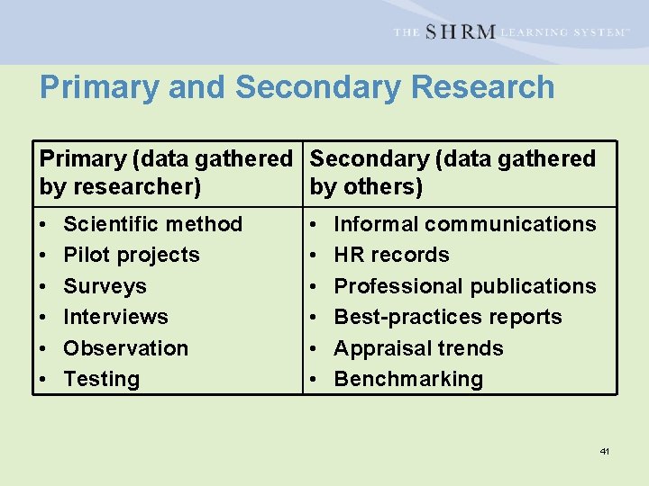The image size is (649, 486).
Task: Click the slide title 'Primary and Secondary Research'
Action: click(x=297, y=87)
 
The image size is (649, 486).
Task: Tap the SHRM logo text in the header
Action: click(x=460, y=31)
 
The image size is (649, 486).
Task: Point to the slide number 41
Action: click(x=605, y=451)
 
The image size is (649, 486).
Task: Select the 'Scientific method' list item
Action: click(x=152, y=224)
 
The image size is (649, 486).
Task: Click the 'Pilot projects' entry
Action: click(x=132, y=255)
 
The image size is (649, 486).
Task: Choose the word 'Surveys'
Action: click(x=105, y=286)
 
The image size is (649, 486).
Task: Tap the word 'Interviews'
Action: click(x=115, y=317)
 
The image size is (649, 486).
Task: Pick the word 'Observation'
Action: click(x=126, y=348)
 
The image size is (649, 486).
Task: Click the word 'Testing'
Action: click(x=102, y=379)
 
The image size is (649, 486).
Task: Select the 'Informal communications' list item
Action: click(x=465, y=224)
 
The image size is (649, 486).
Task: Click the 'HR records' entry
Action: click(x=391, y=255)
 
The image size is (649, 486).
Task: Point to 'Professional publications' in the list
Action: click(x=465, y=286)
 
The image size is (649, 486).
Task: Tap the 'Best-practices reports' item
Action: click(x=448, y=317)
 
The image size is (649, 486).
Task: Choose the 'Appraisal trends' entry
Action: click(x=418, y=348)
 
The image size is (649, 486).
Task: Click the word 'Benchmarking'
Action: click(x=408, y=379)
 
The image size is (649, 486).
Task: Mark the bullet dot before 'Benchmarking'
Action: click(x=313, y=380)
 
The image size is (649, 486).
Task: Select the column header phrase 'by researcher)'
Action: click(x=120, y=188)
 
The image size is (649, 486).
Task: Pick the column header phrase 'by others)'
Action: click(x=366, y=188)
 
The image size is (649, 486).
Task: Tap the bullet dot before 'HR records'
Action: click(x=313, y=256)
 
